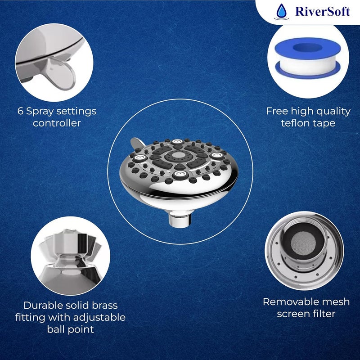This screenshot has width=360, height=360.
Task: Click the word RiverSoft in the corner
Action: click(323, 11)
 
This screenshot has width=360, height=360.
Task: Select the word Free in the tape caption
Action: click(276, 111)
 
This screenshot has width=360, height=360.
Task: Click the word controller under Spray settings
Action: click(57, 122)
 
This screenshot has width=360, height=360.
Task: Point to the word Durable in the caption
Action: click(43, 306)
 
